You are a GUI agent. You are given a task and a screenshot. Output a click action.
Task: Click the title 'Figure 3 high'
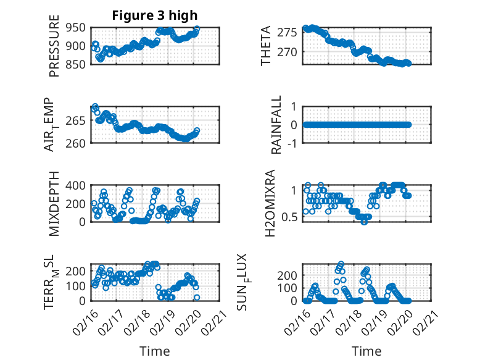click(155, 15)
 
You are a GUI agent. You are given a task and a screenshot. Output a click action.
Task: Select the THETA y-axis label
click(266, 46)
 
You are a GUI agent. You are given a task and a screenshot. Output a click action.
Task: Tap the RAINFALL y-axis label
click(276, 125)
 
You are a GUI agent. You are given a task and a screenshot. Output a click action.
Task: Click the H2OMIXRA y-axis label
click(270, 203)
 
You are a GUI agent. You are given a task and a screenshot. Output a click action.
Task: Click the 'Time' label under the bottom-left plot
click(155, 351)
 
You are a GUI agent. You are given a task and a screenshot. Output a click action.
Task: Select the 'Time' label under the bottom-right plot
click(366, 351)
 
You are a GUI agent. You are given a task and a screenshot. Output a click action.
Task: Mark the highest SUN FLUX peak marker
click(341, 264)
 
